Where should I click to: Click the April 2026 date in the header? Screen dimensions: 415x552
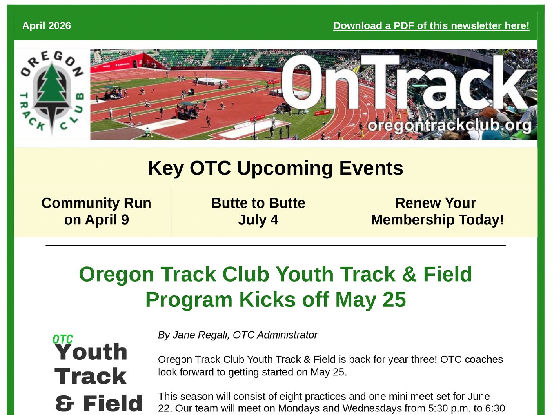click(x=47, y=26)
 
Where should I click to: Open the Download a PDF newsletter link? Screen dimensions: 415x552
click(x=431, y=26)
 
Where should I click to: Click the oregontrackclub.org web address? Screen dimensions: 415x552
click(x=449, y=126)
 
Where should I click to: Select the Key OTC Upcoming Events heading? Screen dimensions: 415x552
click(x=275, y=168)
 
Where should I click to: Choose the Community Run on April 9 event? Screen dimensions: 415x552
click(x=96, y=211)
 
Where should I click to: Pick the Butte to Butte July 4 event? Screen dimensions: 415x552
click(x=258, y=211)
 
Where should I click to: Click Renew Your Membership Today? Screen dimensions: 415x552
click(x=437, y=211)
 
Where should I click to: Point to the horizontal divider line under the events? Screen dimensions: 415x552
click(x=275, y=245)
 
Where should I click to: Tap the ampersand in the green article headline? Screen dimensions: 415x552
click(x=409, y=274)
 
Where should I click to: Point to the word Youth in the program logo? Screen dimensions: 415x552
click(x=91, y=352)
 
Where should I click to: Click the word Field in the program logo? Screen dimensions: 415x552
click(x=113, y=404)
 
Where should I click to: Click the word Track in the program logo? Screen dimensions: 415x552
click(x=91, y=377)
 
